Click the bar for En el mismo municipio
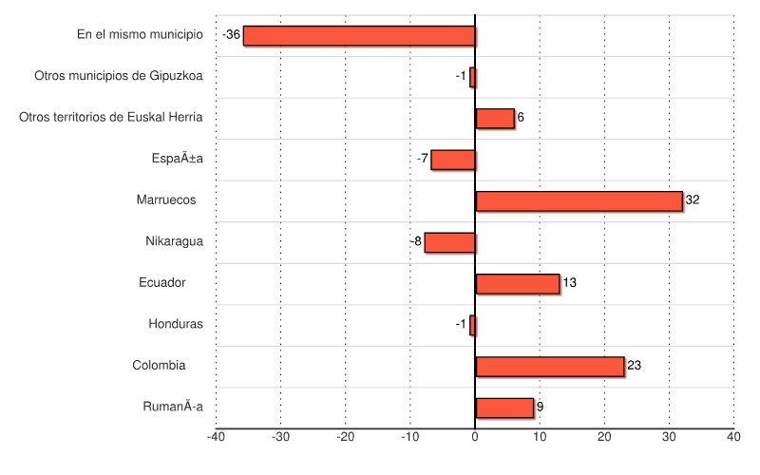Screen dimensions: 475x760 [x=359, y=36]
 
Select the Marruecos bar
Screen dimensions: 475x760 [x=579, y=201]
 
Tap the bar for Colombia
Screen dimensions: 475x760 [x=549, y=367]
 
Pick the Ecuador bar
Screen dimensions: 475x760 [x=517, y=284]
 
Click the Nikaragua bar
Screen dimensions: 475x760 [x=449, y=242]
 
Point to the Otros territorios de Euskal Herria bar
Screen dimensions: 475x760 [x=494, y=119]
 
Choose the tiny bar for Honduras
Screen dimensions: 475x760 [x=472, y=325]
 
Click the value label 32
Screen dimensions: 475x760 [x=693, y=200]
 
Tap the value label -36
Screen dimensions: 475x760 [x=231, y=35]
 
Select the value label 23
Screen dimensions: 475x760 [x=635, y=366]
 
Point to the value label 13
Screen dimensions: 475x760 [x=569, y=283]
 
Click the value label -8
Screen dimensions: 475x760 [x=415, y=241]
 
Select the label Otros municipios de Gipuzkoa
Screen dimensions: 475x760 [x=119, y=76]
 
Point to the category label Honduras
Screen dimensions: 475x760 [x=176, y=324]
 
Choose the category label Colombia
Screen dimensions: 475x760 [x=160, y=365]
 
